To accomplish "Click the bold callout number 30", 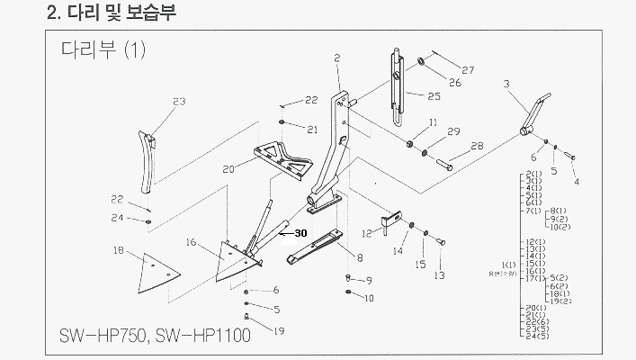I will click(300, 233).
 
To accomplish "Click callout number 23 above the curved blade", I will click(178, 102).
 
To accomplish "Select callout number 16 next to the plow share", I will click(191, 242).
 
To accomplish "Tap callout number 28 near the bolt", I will click(477, 146).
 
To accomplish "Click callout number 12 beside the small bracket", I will click(367, 233).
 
